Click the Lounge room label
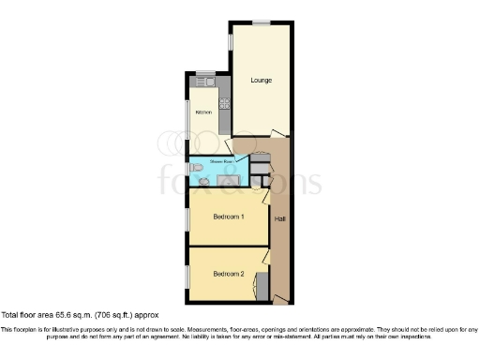click(x=261, y=80)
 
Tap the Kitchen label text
click(x=203, y=113)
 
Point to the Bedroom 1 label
click(x=229, y=217)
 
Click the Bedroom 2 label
click(x=229, y=274)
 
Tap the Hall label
click(x=279, y=218)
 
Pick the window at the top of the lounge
click(x=261, y=22)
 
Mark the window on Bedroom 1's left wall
click(x=187, y=217)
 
